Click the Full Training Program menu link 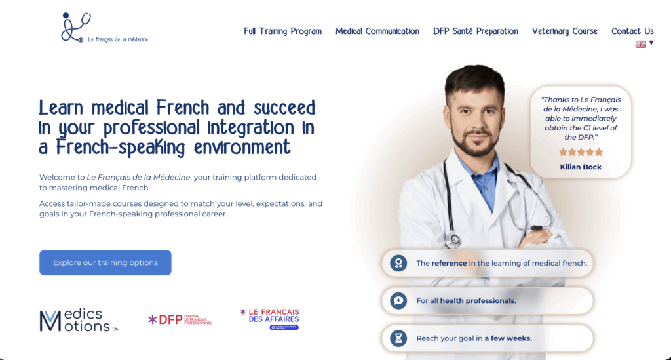click(282, 31)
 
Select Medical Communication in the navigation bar click(377, 31)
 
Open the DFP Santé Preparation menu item click(475, 31)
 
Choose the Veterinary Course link click(564, 31)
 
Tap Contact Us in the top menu click(632, 31)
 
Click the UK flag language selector click(641, 44)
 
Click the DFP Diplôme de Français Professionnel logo click(180, 319)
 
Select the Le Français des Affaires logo click(269, 319)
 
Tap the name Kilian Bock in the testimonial click(581, 167)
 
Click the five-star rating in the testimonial click(581, 152)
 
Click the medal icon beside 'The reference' click(398, 263)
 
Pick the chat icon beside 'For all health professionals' click(398, 301)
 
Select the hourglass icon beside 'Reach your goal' click(398, 338)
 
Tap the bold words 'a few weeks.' click(510, 338)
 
